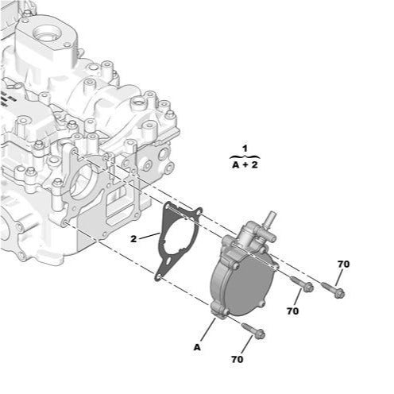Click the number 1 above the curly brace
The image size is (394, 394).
pyautogui.click(x=245, y=149)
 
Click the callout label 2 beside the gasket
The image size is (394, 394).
pyautogui.click(x=134, y=238)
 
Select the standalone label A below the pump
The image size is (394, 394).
pyautogui.click(x=196, y=346)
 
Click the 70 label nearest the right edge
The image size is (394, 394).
pyautogui.click(x=343, y=264)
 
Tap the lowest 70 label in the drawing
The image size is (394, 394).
pyautogui.click(x=237, y=359)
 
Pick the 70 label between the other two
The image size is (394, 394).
pyautogui.click(x=292, y=311)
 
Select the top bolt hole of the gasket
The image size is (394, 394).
pyautogui.click(x=199, y=212)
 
